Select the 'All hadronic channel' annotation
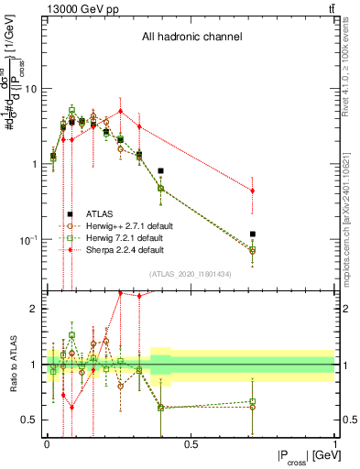191,38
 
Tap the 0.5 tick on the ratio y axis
30,420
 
